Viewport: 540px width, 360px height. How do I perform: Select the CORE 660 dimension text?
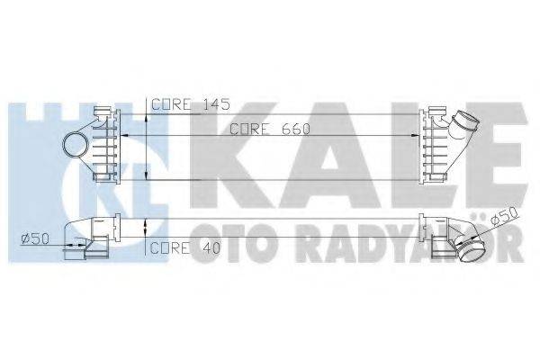coord(269,129)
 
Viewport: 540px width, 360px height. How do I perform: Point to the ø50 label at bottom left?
coord(34,238)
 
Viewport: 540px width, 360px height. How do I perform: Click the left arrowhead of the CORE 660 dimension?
coord(126,136)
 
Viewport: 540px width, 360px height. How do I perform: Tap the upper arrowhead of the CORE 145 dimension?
coord(150,112)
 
